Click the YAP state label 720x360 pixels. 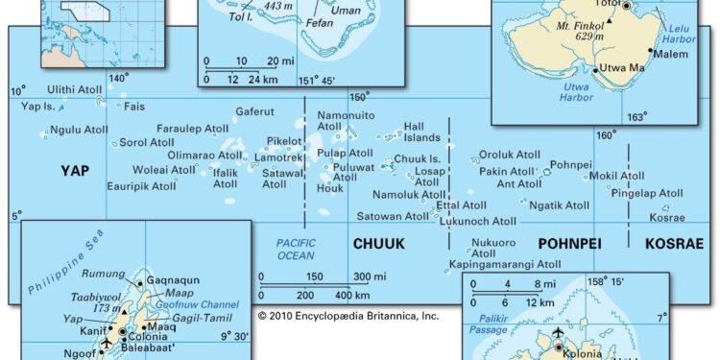pyautogui.click(x=75, y=171)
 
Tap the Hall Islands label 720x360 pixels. pyautogui.click(x=421, y=132)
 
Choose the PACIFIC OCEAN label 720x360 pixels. pyautogui.click(x=296, y=249)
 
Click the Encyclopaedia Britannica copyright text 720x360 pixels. pyautogui.click(x=348, y=315)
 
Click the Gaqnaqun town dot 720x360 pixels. pyautogui.click(x=140, y=283)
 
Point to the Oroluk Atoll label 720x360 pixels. pyautogui.click(x=510, y=155)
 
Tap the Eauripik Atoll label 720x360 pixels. pyautogui.click(x=141, y=185)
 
